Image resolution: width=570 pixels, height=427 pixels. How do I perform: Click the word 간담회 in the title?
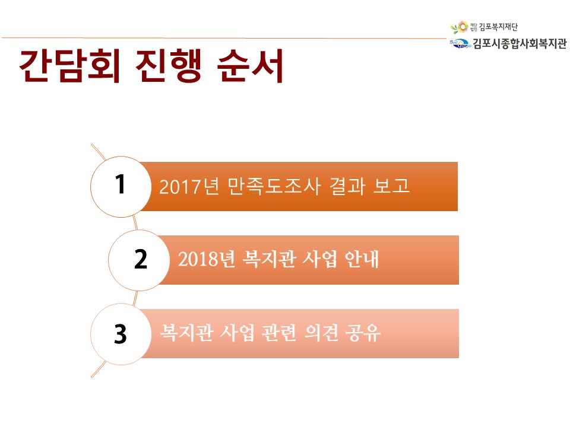click(70, 66)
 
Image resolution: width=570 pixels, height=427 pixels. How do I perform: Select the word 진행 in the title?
click(169, 66)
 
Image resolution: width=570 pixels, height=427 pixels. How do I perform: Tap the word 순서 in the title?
click(250, 66)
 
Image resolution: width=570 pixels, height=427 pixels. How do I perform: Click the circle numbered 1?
click(121, 187)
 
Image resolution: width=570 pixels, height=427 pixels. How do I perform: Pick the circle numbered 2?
click(139, 260)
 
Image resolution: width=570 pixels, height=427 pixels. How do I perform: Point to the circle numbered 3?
click(121, 334)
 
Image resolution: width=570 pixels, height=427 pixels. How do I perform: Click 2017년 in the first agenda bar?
click(189, 186)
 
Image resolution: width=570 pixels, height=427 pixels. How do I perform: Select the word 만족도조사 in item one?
click(274, 186)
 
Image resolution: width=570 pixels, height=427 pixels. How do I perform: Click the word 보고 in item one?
click(391, 186)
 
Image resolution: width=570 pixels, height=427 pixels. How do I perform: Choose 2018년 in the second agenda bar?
click(207, 259)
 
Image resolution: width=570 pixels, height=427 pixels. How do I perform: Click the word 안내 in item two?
click(362, 259)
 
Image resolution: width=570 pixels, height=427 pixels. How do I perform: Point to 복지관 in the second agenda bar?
click(268, 259)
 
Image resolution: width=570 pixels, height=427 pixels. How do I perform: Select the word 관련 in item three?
click(279, 333)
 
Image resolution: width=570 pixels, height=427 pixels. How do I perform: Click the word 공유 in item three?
click(363, 333)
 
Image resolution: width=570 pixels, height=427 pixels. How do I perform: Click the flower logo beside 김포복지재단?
click(460, 27)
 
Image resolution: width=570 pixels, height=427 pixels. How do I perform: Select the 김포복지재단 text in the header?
click(498, 27)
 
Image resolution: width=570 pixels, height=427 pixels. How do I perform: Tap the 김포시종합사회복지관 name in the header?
click(520, 44)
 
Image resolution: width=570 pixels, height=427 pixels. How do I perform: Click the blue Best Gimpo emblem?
click(460, 43)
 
